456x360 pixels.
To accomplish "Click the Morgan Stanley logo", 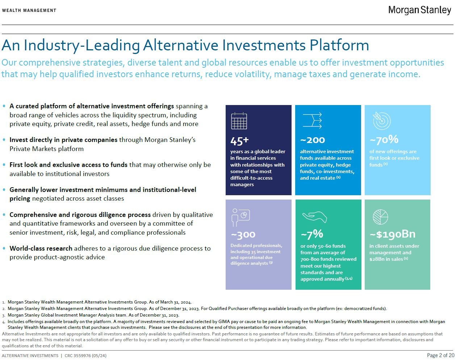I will tap(419, 10).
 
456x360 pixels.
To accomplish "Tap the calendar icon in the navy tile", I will tap(239, 121).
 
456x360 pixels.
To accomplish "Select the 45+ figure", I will tap(239, 141).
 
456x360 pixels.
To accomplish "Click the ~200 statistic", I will tap(313, 140).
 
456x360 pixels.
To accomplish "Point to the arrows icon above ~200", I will tap(312, 121).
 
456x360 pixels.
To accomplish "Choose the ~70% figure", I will tap(384, 139).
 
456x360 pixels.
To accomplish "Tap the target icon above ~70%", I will tap(382, 121).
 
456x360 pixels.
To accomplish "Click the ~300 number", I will tap(243, 235).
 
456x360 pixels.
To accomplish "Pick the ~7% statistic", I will tap(312, 234).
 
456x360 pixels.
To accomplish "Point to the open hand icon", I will tap(314, 217).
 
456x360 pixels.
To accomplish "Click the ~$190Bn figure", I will tap(392, 234).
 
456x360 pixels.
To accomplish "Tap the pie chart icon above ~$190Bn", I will tap(380, 217).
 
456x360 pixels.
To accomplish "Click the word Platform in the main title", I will tap(339, 46).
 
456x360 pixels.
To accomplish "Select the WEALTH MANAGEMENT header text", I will tap(29, 11).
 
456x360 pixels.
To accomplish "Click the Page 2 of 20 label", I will tap(440, 355).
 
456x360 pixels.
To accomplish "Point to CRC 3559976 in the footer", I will tap(85, 356).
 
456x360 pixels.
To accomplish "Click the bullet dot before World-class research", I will tap(4, 248).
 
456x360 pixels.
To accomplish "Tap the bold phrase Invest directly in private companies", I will tap(63, 140).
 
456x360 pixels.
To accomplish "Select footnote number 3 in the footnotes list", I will tap(4, 315).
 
